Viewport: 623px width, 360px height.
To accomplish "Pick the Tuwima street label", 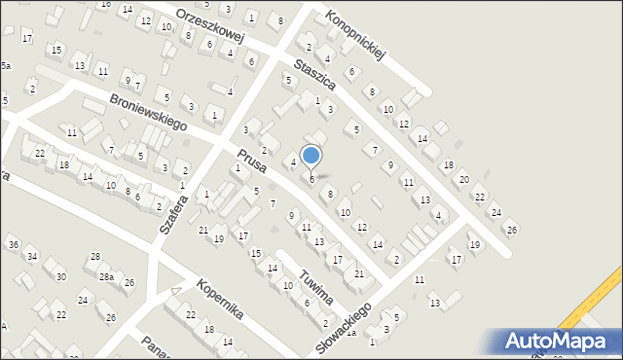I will coord(317,286).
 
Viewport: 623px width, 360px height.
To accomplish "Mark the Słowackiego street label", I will coord(346,326).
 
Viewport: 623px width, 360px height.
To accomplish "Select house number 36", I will coord(13,244).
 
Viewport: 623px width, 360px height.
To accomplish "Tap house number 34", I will coord(31,257).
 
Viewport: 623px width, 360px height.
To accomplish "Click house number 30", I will coord(60,276).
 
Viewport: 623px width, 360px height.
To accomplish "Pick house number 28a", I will coord(112,277).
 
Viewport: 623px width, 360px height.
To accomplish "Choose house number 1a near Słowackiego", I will coord(350,334).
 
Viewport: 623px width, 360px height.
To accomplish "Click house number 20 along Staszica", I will coord(463,180).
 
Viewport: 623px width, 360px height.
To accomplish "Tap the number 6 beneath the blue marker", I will coord(311,179).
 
